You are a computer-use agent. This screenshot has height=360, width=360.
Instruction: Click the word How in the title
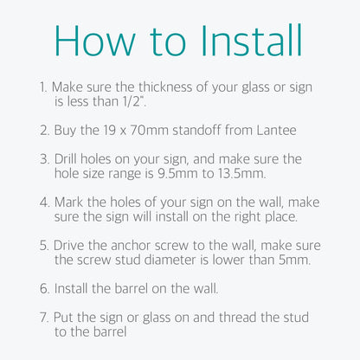click(94, 41)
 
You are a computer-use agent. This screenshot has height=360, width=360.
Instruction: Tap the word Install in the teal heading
click(251, 41)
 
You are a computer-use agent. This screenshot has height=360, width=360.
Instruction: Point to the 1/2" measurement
click(134, 101)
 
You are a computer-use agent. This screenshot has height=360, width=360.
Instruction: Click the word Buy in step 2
click(66, 131)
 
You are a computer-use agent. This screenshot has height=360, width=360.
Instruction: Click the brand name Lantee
click(276, 131)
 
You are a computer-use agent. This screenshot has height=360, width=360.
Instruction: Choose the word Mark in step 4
click(68, 202)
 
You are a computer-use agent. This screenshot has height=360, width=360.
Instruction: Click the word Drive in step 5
click(69, 246)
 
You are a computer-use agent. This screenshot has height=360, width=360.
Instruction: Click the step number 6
click(45, 289)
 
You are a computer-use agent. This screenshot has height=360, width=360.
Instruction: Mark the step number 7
click(44, 318)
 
